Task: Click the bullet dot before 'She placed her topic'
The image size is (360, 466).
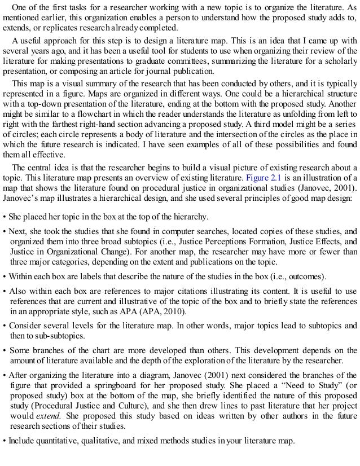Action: pyautogui.click(x=5, y=217)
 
